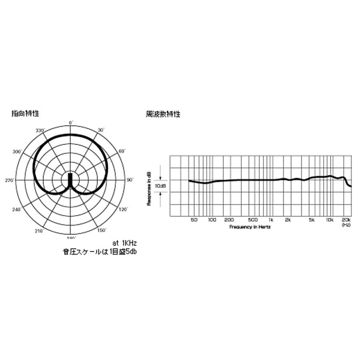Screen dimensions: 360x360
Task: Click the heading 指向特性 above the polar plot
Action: point(25,114)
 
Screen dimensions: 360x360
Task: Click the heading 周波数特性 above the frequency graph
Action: point(163,114)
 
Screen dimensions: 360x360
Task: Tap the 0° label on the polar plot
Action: point(71,122)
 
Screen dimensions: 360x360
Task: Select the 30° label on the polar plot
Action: point(101,130)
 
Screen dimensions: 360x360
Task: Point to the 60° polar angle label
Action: point(122,151)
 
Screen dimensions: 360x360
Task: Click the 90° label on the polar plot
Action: point(130,180)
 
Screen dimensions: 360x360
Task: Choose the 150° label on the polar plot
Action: point(102,230)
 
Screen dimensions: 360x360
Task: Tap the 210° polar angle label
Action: point(39,231)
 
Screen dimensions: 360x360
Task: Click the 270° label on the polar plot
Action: point(10,181)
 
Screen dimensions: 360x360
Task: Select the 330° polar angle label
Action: point(40,130)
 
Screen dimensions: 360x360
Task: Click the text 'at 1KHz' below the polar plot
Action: point(125,243)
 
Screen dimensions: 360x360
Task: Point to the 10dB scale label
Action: point(160,186)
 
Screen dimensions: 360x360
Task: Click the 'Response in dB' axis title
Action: point(148,188)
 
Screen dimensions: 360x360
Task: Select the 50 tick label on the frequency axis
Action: point(194,220)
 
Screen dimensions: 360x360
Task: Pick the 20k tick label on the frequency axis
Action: point(346,220)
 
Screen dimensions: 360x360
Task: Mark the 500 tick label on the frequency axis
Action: point(253,220)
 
